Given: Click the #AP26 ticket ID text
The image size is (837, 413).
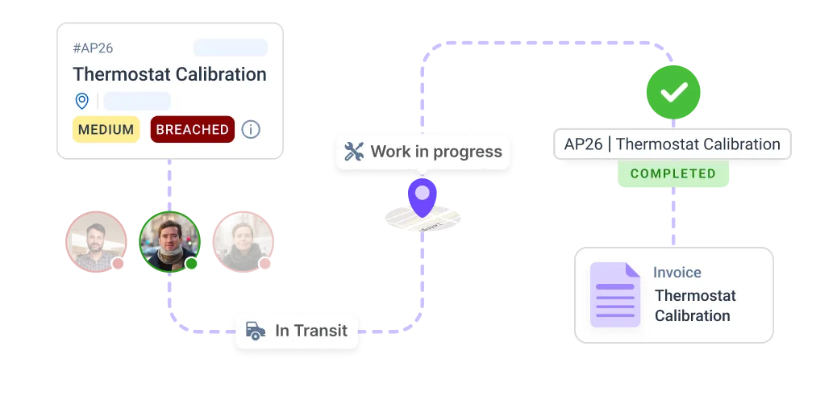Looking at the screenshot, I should tap(93, 48).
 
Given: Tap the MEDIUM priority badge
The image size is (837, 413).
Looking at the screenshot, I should tap(106, 129).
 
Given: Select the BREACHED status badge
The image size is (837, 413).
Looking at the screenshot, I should tap(192, 129).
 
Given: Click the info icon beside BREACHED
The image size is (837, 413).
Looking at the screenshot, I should tap(251, 129).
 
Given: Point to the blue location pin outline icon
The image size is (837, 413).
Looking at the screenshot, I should tap(81, 101).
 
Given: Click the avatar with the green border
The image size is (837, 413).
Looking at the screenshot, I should tap(169, 241).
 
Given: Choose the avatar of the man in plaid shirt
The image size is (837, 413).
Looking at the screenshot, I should tap(95, 241).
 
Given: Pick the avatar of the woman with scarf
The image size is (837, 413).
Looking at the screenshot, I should tap(242, 241).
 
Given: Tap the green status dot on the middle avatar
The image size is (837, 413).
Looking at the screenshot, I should tap(191, 264).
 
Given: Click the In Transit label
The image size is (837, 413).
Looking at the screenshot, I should tap(310, 330).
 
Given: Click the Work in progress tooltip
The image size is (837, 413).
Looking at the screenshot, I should tap(423, 152).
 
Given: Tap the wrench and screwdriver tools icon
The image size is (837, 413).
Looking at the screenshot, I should tap(354, 152).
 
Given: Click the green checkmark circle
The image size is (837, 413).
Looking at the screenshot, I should tap(673, 94).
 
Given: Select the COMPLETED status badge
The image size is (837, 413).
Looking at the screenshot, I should tap(673, 173).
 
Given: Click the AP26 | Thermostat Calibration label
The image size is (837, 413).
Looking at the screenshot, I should tap(672, 144).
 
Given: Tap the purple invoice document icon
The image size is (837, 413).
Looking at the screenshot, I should tap(614, 294).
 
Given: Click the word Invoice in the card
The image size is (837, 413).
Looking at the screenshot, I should tap(677, 273).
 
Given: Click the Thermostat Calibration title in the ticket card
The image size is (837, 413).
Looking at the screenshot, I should tap(169, 74).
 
